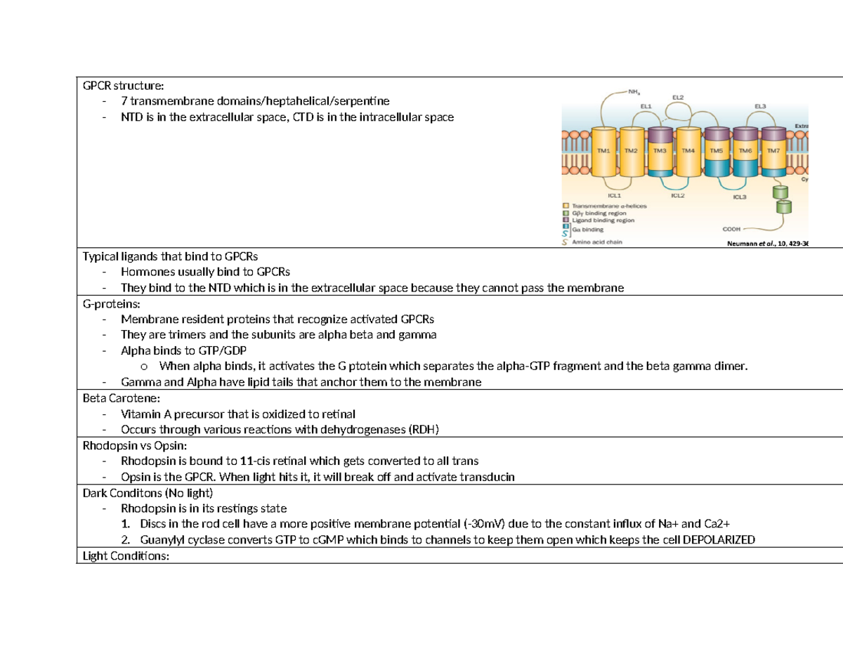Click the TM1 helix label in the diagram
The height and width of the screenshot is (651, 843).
[x=603, y=150]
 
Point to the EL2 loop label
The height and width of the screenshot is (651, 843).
[x=679, y=96]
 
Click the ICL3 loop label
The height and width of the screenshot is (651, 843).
[x=740, y=197]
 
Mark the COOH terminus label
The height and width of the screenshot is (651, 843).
[x=732, y=229]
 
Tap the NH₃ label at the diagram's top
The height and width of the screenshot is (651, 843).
[x=634, y=91]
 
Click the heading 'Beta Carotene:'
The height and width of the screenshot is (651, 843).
[x=116, y=397]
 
